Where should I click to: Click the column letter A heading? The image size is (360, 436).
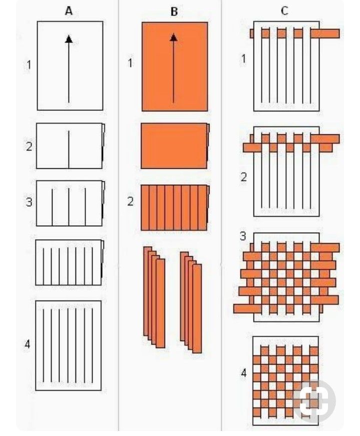[x=69, y=11]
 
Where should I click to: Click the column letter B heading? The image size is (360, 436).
[x=174, y=11]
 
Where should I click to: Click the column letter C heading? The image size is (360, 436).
[x=284, y=11]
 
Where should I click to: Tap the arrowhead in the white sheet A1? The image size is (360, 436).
[x=69, y=39]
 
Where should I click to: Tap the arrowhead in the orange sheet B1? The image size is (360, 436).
[x=173, y=37]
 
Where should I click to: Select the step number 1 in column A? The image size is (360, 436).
[x=28, y=65]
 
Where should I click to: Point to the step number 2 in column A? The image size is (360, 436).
[x=29, y=146]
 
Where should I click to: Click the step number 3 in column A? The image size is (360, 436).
[x=29, y=202]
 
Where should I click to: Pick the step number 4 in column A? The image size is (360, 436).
[x=27, y=344]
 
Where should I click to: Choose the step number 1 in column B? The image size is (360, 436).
[x=130, y=63]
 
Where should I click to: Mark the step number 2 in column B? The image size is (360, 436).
[x=130, y=201]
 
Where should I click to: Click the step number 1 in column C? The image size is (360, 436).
[x=243, y=58]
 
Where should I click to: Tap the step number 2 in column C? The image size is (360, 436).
[x=243, y=177]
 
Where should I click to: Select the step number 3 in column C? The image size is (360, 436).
[x=243, y=236]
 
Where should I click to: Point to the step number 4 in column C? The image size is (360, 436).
[x=243, y=373]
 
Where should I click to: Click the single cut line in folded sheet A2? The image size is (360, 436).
[x=69, y=149]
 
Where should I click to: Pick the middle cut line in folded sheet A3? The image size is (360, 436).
[x=69, y=207]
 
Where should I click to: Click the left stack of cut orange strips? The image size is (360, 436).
[x=154, y=297]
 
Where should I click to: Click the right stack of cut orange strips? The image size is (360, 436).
[x=191, y=302]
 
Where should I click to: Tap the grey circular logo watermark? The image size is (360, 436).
[x=314, y=401]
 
